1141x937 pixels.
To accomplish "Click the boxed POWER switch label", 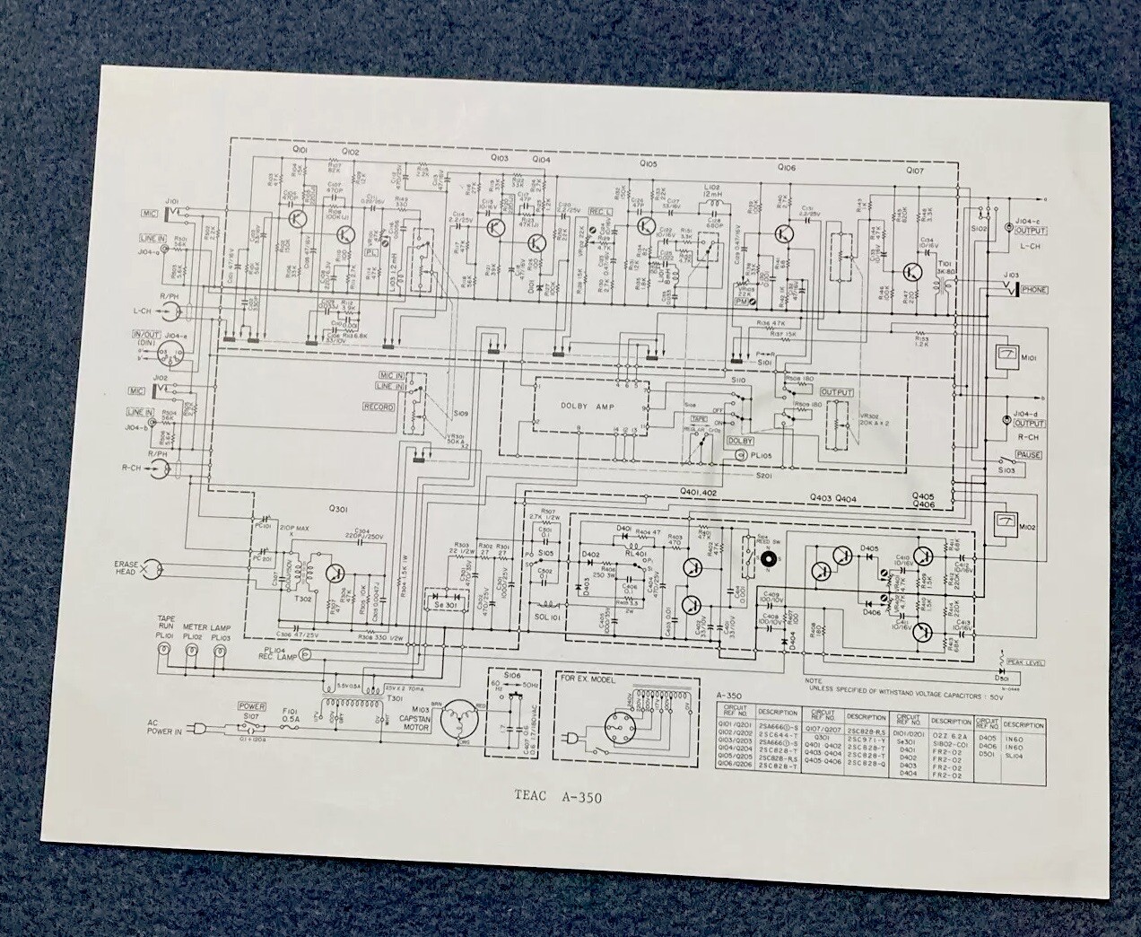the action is coord(250,707).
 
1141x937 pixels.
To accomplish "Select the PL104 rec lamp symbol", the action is coord(303,658).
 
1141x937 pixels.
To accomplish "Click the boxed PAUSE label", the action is coord(1030,455).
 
